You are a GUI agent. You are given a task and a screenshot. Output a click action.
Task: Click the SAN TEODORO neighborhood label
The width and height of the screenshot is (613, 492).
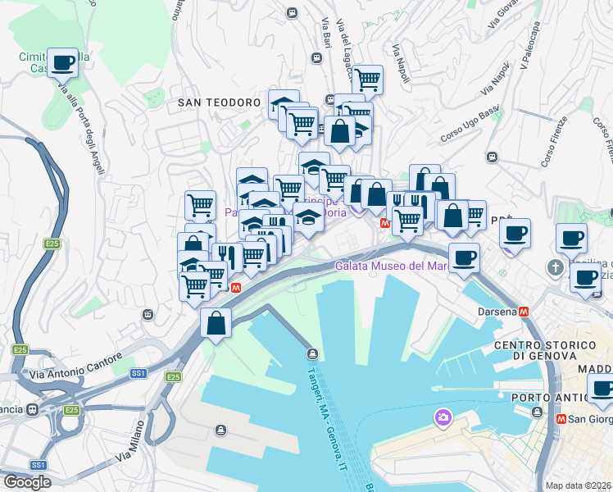tap(220, 102)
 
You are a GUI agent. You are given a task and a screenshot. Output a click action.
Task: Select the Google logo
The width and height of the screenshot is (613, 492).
tap(26, 482)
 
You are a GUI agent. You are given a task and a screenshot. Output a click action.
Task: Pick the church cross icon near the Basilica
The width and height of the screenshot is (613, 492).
tap(556, 268)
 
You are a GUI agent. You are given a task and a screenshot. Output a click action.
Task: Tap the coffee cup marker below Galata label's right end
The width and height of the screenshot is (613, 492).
tap(464, 257)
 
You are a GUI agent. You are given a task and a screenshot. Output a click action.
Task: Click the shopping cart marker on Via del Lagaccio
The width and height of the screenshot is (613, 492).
tap(367, 80)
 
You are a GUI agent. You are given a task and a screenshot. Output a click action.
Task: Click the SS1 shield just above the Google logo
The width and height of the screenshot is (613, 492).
tap(38, 465)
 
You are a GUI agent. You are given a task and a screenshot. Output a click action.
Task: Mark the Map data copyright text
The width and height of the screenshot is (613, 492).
tap(579, 485)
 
